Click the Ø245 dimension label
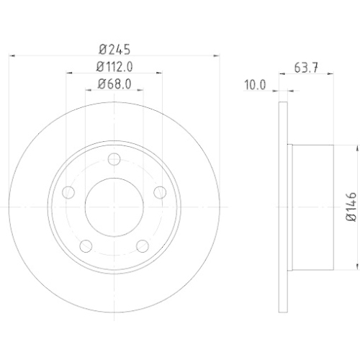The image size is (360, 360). pos(114,50)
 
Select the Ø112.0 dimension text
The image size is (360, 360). pos(114,67)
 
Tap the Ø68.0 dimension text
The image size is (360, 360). pos(114,84)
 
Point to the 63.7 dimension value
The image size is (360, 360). pos(306,68)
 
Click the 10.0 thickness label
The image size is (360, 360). pos(255,85)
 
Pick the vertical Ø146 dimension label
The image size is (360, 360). pos(351,207)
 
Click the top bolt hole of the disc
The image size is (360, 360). pos(114,159)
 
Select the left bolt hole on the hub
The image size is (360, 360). pos(68,192)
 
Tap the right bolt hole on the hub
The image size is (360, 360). pos(160,192)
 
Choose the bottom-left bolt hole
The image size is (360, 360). pos(86,246)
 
